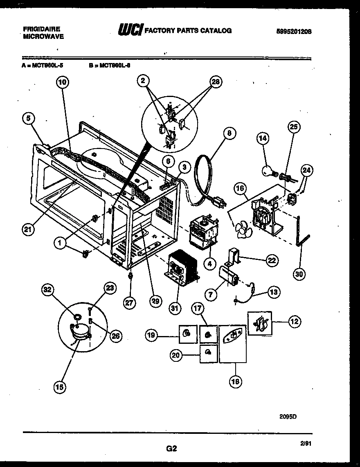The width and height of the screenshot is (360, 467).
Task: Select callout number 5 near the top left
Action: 28,119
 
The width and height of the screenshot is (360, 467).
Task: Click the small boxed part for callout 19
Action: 187,334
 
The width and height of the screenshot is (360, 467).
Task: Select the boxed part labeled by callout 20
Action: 208,354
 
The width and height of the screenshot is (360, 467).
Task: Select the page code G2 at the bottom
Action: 171,448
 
